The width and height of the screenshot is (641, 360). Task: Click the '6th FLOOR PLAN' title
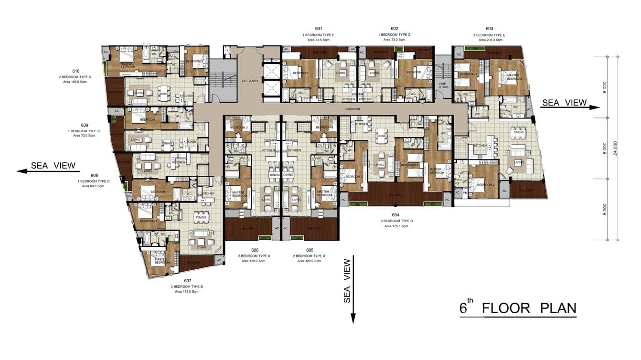pos(518,308)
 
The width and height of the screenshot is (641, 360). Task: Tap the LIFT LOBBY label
pos(250,81)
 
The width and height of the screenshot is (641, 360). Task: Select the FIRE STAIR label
pos(443,85)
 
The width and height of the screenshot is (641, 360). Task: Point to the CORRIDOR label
pos(352,109)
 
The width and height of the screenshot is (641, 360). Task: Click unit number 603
pos(489,29)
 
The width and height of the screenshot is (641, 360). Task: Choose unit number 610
pos(76,71)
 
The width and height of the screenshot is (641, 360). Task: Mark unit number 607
pos(187,280)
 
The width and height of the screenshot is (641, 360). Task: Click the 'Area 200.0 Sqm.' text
pos(489,40)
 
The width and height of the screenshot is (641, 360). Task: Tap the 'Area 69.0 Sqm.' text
pos(94,186)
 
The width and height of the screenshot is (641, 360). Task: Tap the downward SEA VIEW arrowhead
pos(353,318)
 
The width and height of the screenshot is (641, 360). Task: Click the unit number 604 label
pos(395,215)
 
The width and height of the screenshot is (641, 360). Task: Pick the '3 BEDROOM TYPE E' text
pos(489,35)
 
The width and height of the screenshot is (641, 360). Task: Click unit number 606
pos(255,250)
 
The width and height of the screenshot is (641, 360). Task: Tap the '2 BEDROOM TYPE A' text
pos(76,76)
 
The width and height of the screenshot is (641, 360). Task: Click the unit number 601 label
pos(319,29)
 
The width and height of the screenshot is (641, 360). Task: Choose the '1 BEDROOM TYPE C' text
pos(85,131)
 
